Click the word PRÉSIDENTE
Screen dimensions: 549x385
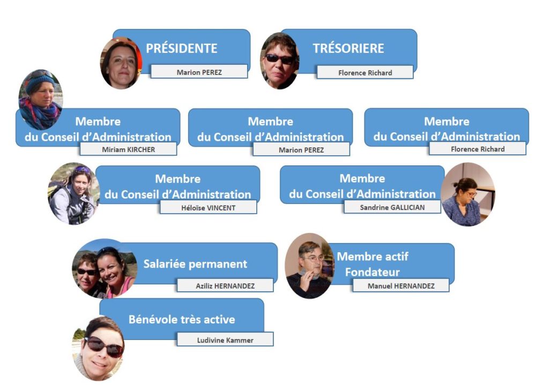181,48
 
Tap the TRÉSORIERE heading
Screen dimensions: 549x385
348,48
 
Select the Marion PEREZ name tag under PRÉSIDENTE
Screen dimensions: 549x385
199,72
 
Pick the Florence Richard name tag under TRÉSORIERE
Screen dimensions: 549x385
365,72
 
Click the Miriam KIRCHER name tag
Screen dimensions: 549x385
129,149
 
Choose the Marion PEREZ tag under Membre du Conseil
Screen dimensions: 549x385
301,150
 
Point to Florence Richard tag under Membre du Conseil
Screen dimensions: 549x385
478,149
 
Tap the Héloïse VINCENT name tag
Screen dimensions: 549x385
209,207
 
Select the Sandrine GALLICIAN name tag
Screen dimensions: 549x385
392,207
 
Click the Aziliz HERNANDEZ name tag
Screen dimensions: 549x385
225,286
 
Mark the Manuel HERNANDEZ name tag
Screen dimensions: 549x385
401,286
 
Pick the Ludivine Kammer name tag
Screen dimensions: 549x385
225,340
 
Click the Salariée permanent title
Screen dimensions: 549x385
195,263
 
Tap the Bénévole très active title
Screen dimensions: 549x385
182,319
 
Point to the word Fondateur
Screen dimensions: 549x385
372,272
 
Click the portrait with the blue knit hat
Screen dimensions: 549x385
41,100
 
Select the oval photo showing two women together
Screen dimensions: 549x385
104,269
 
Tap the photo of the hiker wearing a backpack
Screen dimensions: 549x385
73,194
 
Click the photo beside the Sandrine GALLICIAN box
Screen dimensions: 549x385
468,194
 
